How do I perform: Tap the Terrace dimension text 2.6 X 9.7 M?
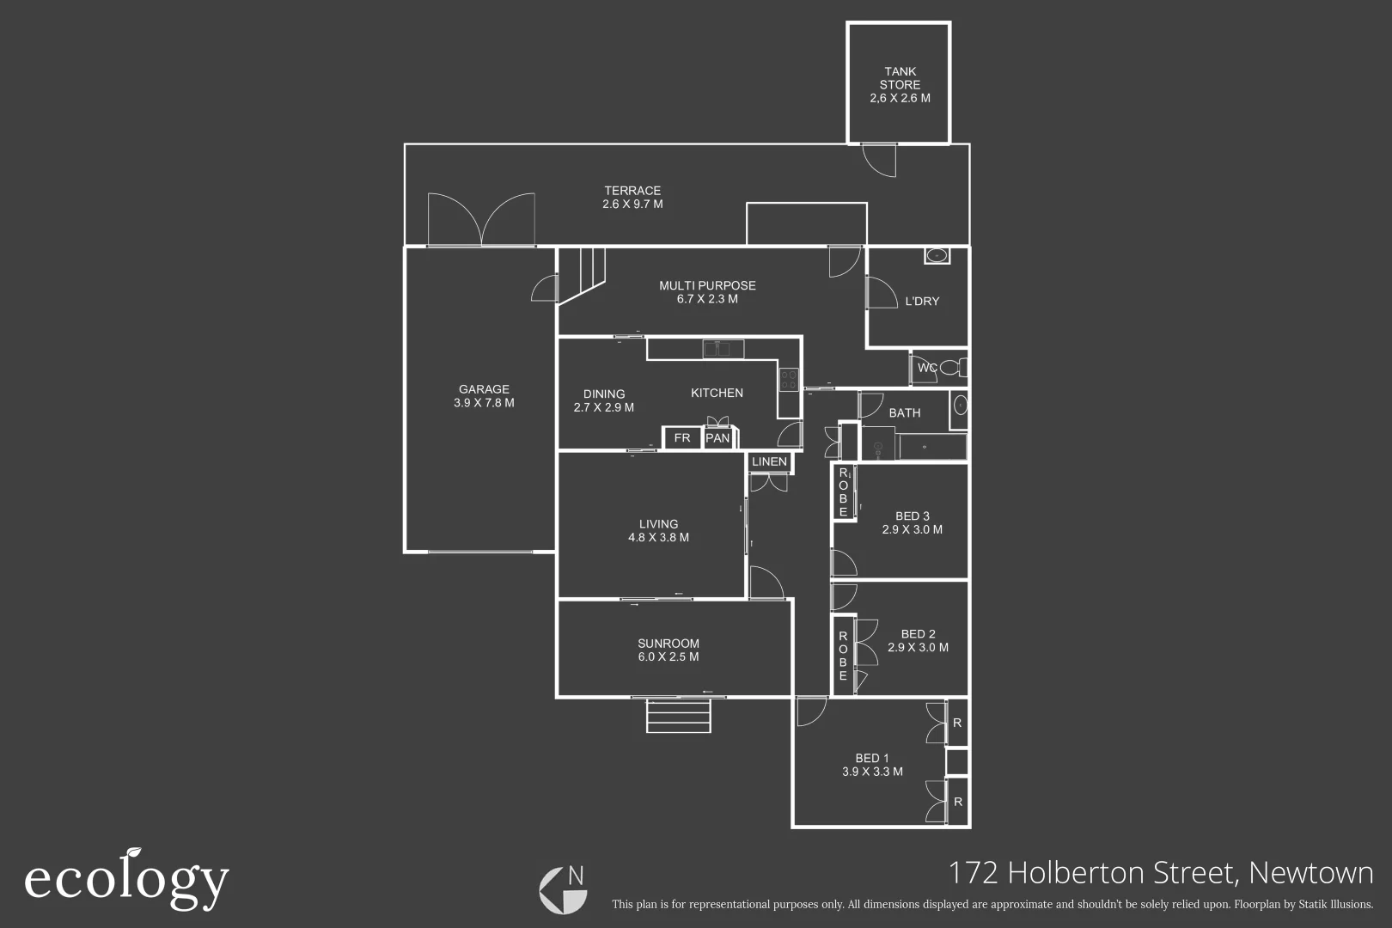coord(632,205)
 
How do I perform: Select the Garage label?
coord(484,389)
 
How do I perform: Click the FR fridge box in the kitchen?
coord(682,438)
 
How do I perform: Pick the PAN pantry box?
coord(717,438)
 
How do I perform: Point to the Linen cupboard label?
coord(769,462)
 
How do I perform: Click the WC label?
coord(927,368)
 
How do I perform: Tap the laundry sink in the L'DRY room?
coord(936,255)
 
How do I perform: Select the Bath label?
coord(904,413)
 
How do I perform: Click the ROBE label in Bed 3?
coord(844,492)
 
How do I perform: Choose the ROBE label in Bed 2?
coord(843,656)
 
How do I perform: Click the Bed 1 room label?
coord(872,758)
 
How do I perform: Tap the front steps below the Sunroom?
coord(679,716)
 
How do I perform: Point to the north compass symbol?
coord(564,889)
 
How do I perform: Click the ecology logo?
coord(126,879)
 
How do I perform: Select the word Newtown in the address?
coord(1310,873)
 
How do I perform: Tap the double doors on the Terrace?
coord(481,220)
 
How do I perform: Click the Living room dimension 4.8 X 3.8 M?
coord(658,538)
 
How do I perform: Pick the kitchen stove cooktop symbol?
coord(788,379)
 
